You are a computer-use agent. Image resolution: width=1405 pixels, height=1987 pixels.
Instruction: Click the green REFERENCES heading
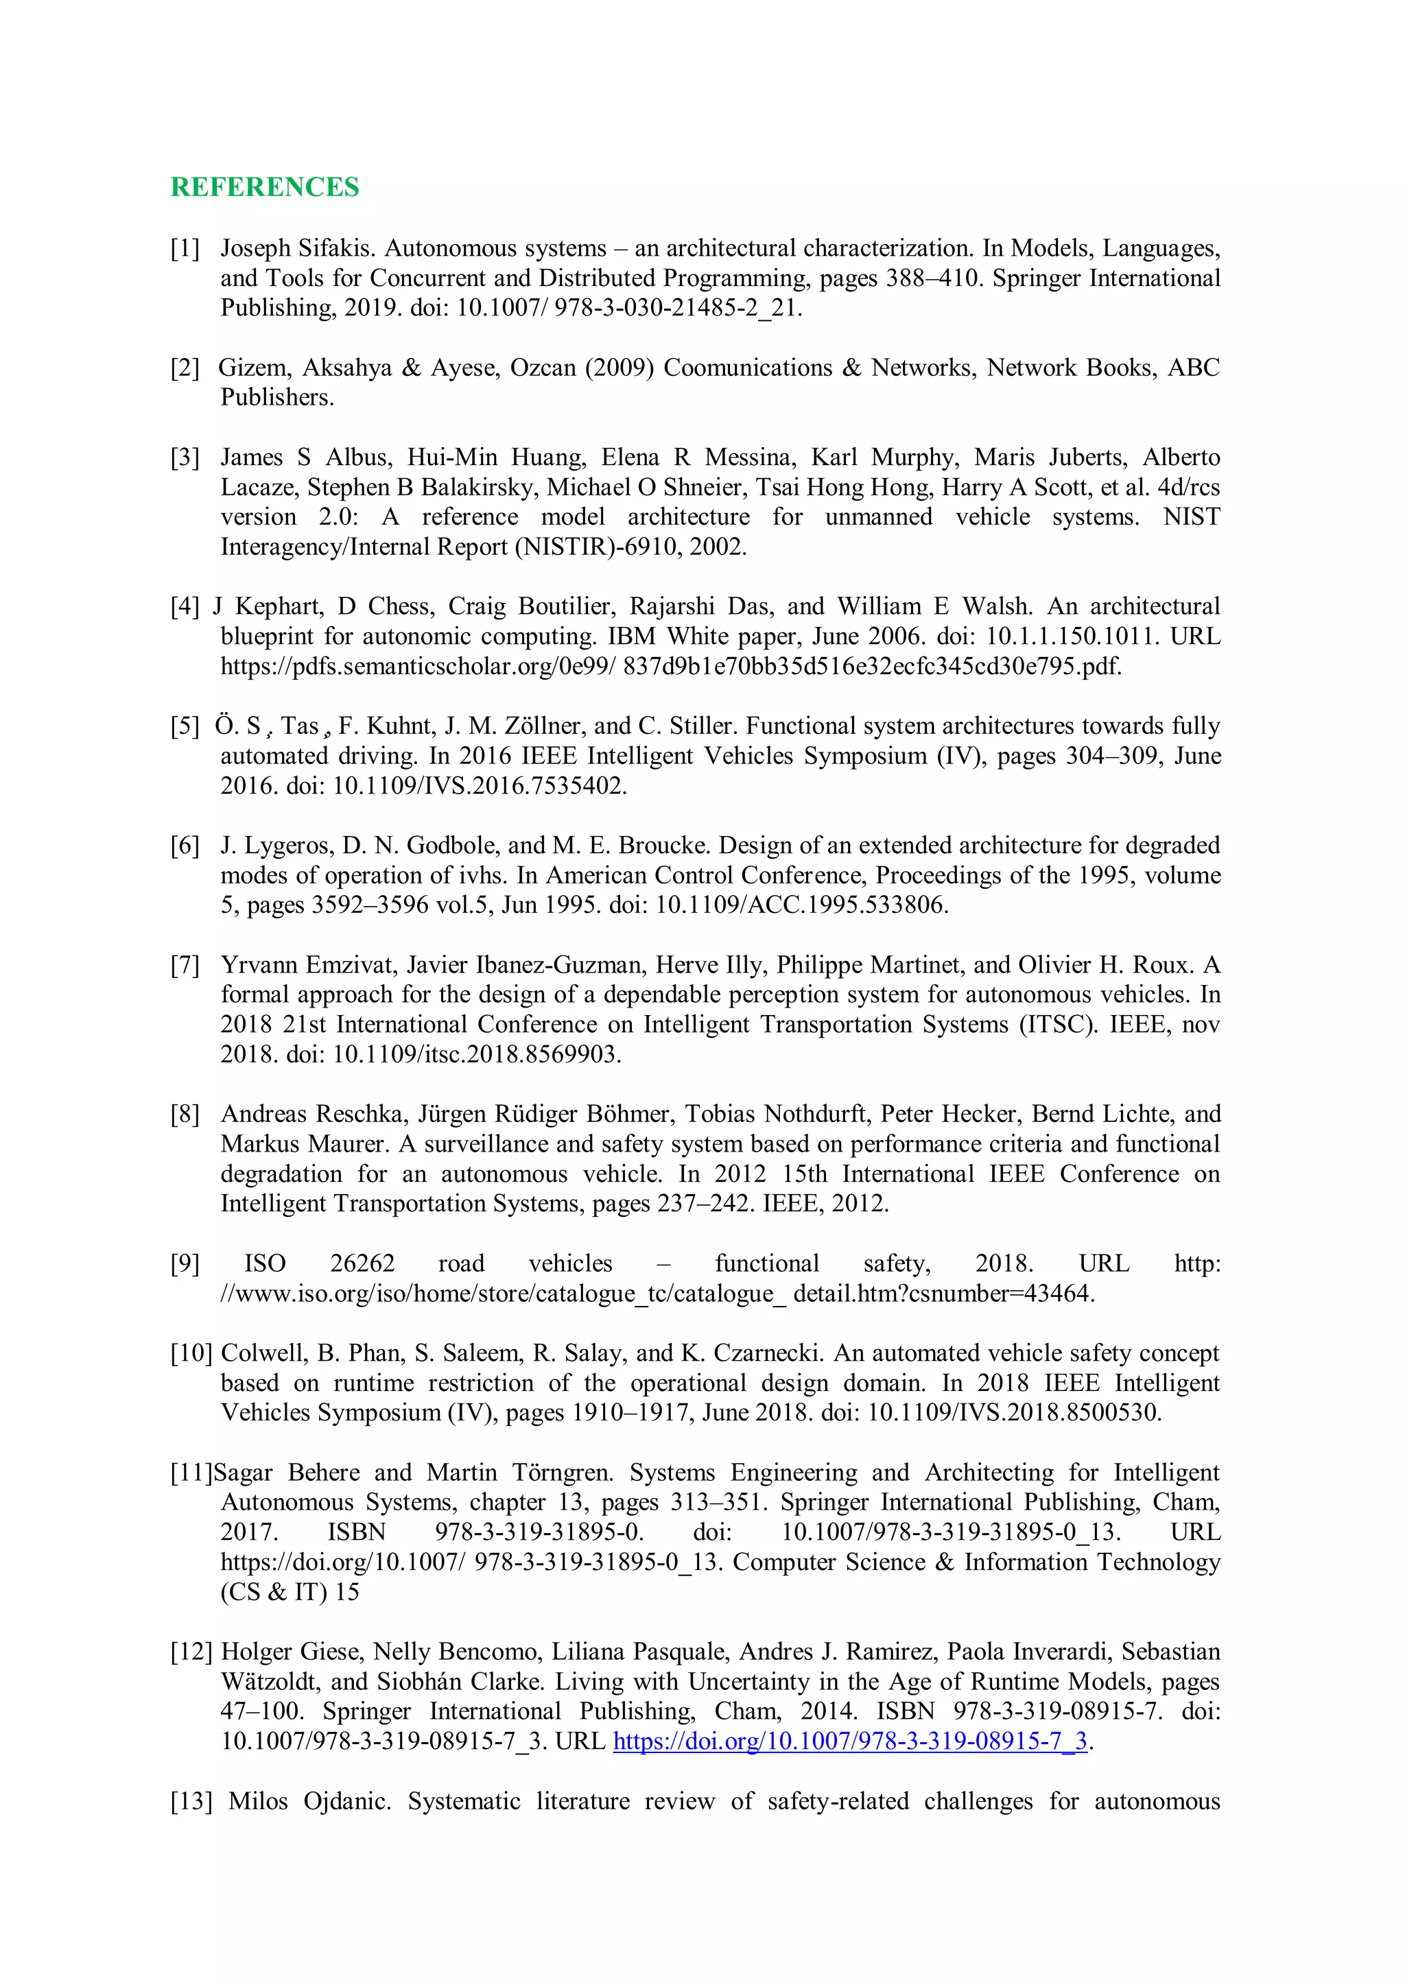click(x=264, y=187)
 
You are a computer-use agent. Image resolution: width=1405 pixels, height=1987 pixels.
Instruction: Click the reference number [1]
click(x=185, y=248)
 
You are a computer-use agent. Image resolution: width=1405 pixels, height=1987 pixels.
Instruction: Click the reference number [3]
click(x=185, y=457)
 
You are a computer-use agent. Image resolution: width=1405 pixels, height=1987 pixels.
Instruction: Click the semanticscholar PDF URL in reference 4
click(x=671, y=667)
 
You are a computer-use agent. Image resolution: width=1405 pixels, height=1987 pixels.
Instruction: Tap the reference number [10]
click(x=191, y=1353)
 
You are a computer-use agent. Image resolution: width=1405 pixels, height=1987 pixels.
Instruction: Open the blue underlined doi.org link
click(x=850, y=1741)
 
